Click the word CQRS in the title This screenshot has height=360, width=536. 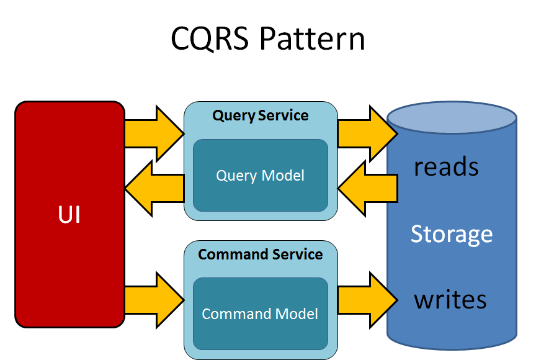pyautogui.click(x=210, y=39)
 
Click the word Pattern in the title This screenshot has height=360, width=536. pyautogui.click(x=312, y=39)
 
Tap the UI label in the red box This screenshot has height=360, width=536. pyautogui.click(x=69, y=214)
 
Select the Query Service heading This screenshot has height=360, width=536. pyautogui.click(x=261, y=115)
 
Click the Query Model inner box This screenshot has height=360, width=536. pyautogui.click(x=261, y=176)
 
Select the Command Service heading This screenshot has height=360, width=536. pyautogui.click(x=261, y=254)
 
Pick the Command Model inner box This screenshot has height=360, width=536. pyautogui.click(x=261, y=314)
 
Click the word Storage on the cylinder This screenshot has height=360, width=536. pyautogui.click(x=452, y=234)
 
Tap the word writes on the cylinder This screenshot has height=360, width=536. pyautogui.click(x=450, y=300)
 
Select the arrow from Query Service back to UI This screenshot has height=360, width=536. pyautogui.click(x=155, y=188)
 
